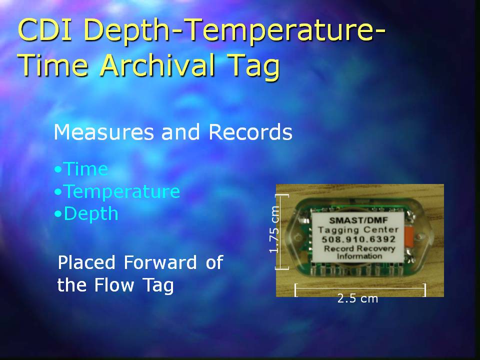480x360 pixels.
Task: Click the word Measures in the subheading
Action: pyautogui.click(x=103, y=132)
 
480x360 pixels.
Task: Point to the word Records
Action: pyautogui.click(x=250, y=132)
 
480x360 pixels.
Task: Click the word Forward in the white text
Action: pyautogui.click(x=160, y=262)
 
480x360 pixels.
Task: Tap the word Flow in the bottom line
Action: pyautogui.click(x=114, y=284)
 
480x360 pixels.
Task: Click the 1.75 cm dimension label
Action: pyautogui.click(x=274, y=229)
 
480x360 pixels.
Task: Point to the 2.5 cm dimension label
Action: pyautogui.click(x=357, y=298)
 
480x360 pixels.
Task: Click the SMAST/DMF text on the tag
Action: pyautogui.click(x=358, y=220)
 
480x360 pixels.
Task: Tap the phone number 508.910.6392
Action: pyautogui.click(x=358, y=239)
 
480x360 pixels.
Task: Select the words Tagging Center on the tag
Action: pyautogui.click(x=358, y=229)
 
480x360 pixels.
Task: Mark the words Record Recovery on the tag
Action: pyautogui.click(x=359, y=248)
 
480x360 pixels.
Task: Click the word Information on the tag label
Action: pyautogui.click(x=359, y=256)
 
